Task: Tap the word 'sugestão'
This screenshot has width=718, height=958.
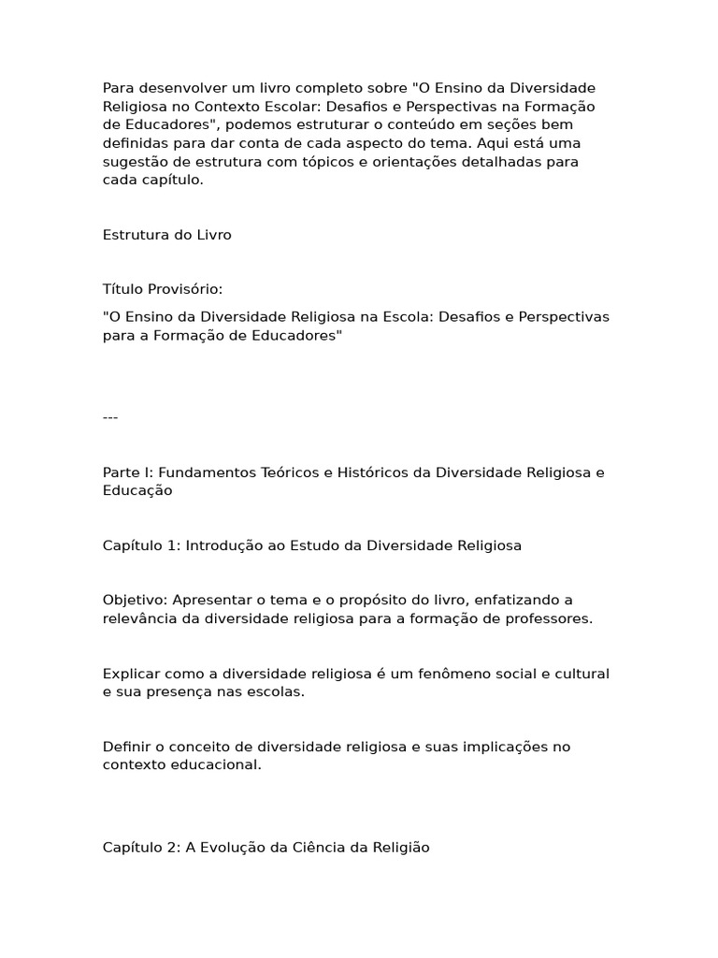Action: [133, 162]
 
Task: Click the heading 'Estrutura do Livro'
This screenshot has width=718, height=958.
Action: [166, 235]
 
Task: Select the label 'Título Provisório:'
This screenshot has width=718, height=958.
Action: [163, 289]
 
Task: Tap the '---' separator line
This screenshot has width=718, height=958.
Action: [110, 417]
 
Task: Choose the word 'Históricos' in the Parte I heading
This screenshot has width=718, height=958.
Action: [371, 472]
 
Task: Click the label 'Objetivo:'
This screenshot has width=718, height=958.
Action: [134, 600]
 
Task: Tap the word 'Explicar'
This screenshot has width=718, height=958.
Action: [130, 674]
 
